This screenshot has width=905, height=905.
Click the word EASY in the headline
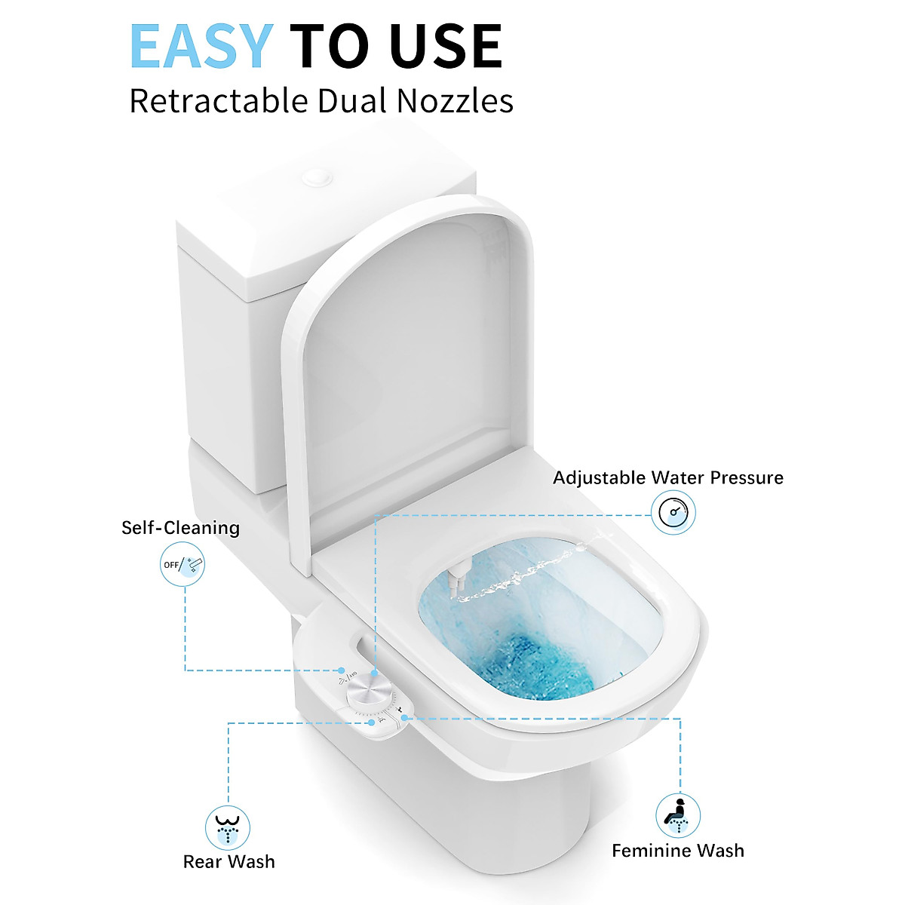tap(200, 47)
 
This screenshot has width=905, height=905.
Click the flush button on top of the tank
tap(317, 179)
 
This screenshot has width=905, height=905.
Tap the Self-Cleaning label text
tap(181, 528)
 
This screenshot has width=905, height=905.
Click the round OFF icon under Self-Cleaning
tap(182, 565)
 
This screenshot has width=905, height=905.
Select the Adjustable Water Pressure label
tap(668, 477)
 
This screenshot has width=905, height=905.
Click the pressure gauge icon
tap(673, 514)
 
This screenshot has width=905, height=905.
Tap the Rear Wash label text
tap(229, 861)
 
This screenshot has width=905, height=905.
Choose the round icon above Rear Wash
tap(228, 827)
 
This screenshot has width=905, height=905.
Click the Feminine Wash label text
tap(678, 851)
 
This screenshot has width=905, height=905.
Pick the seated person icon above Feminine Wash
tap(677, 814)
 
